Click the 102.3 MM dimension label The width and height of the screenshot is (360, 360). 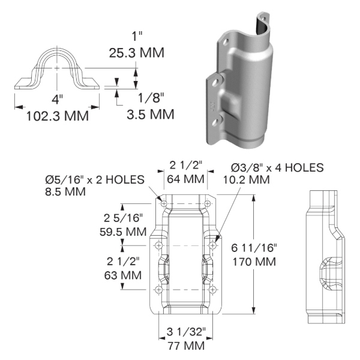[x=58, y=116]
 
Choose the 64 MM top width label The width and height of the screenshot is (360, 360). [x=186, y=178]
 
